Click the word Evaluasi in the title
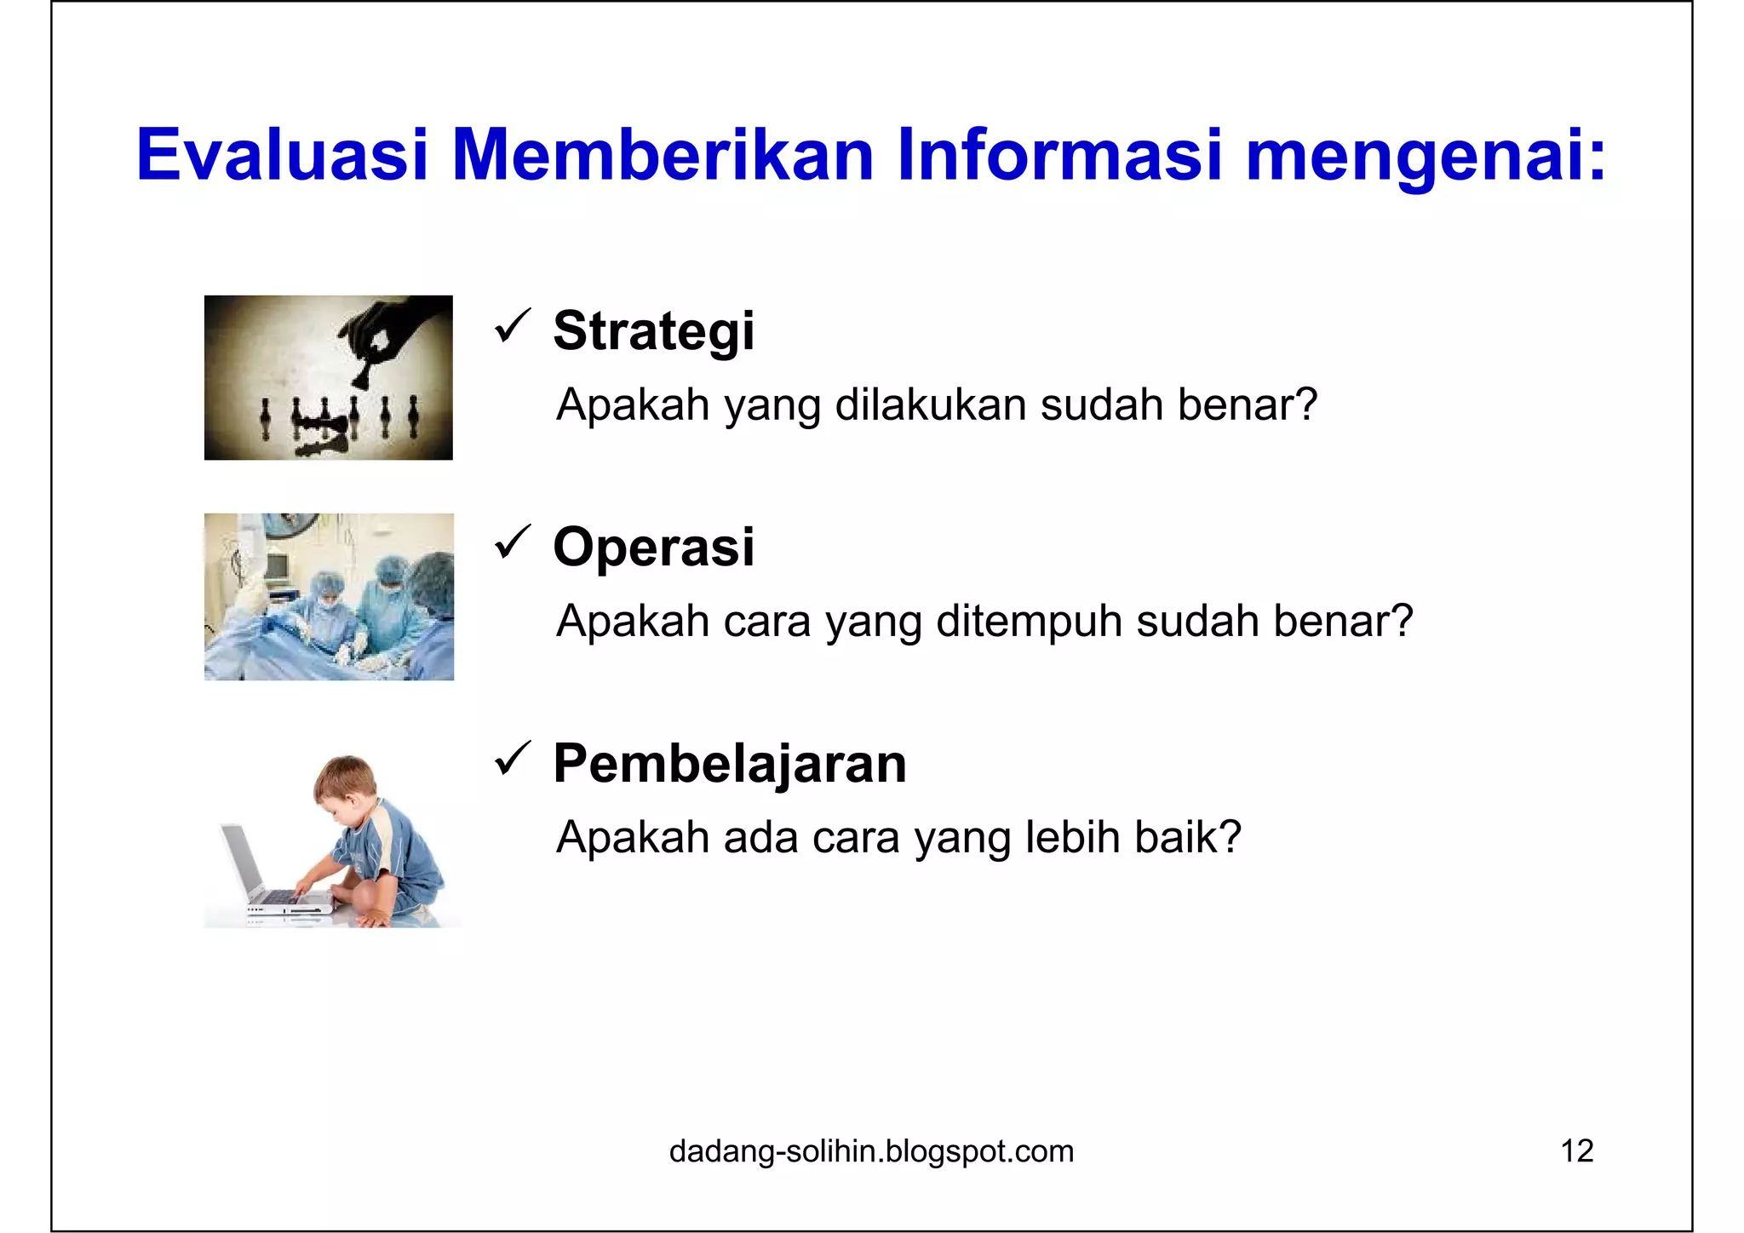[x=282, y=155]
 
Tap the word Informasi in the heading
[x=1059, y=155]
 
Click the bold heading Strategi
[x=653, y=330]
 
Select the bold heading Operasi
[x=653, y=547]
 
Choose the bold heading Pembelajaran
[x=730, y=763]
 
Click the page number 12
[x=1576, y=1151]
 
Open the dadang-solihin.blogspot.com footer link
[x=871, y=1151]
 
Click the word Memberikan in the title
[x=663, y=155]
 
